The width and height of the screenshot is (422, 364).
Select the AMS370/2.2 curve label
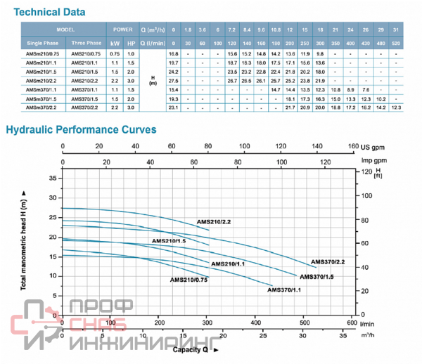click(328, 261)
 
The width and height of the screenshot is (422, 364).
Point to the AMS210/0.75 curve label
click(188, 280)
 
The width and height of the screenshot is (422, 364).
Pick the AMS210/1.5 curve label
click(169, 241)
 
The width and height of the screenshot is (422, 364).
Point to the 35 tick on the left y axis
click(53, 178)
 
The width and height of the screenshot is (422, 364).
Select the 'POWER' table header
click(121, 31)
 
